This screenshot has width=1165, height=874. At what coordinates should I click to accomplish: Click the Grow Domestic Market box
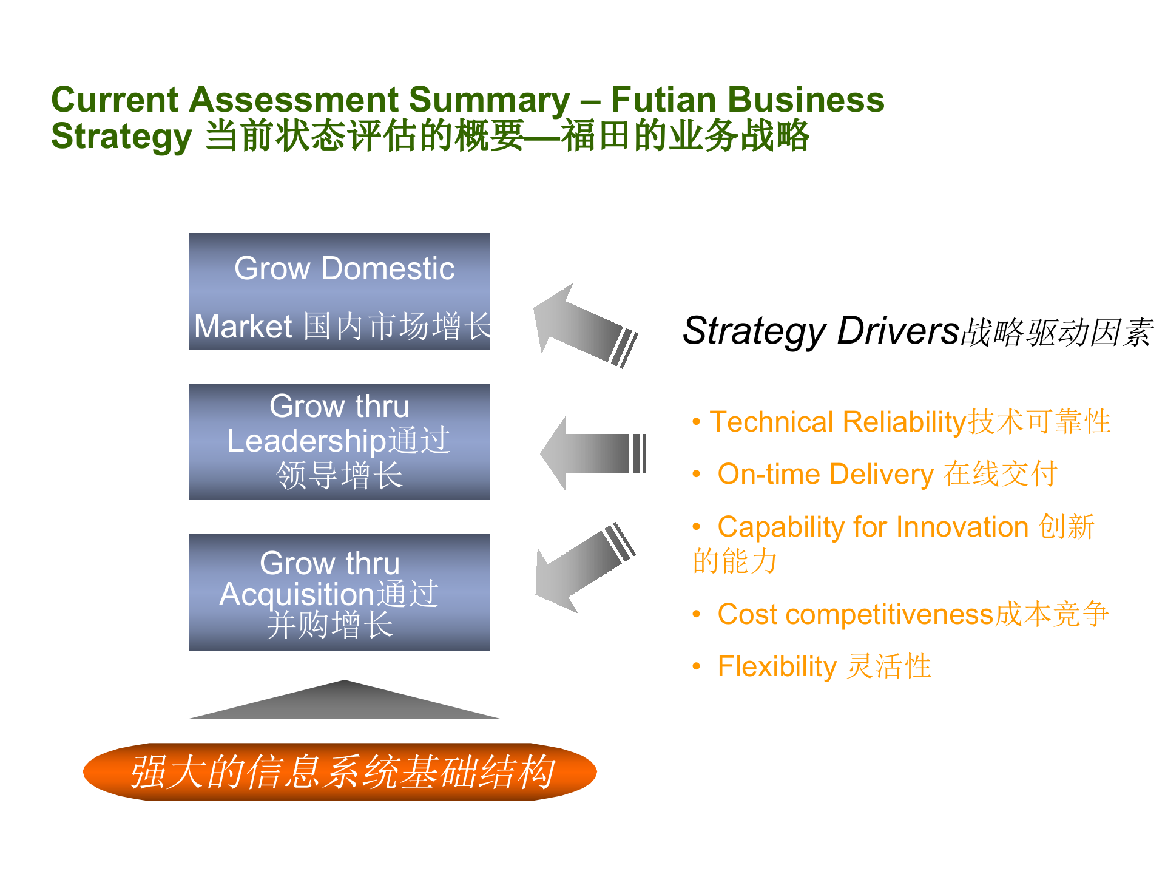pos(340,291)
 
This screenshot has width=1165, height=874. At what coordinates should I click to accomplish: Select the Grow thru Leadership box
pos(340,442)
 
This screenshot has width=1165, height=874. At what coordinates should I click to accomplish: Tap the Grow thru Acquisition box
pos(340,592)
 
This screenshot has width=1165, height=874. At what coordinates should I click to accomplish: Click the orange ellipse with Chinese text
pos(340,772)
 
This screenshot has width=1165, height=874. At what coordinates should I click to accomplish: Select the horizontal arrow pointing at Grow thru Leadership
pos(593,453)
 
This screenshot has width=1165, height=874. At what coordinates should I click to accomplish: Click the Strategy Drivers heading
pos(918,331)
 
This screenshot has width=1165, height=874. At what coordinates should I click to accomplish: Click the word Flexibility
pos(777,666)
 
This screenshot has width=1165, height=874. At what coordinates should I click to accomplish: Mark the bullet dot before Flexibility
pos(697,667)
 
